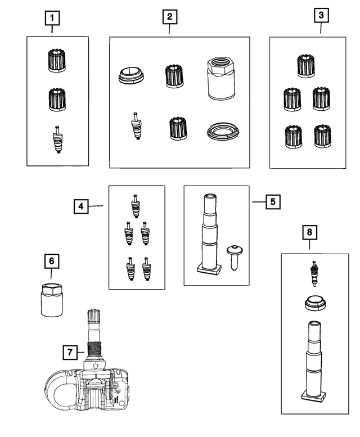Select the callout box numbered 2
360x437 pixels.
pyautogui.click(x=169, y=16)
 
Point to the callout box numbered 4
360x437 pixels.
pyautogui.click(x=82, y=207)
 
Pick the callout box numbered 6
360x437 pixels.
pyautogui.click(x=51, y=262)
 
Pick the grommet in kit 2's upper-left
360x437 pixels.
pyautogui.click(x=132, y=75)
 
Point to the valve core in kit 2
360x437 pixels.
pyautogui.click(x=136, y=128)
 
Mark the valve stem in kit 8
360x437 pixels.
pyautogui.click(x=314, y=360)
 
